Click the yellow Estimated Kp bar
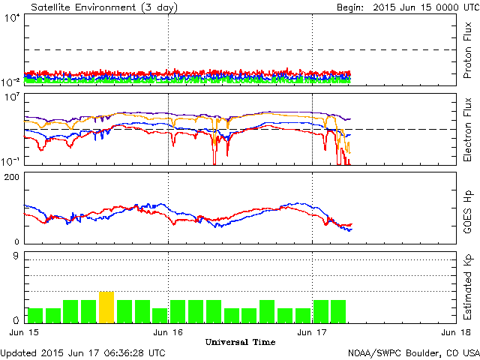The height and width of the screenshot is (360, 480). click(106, 307)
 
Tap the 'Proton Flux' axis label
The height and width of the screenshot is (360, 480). click(466, 51)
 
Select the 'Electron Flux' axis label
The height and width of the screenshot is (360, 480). click(466, 129)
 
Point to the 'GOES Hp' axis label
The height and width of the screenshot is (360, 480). click(466, 208)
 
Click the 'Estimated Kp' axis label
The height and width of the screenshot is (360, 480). click(466, 286)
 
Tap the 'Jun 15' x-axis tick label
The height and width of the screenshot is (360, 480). click(24, 331)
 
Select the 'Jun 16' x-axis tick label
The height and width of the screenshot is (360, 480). click(168, 331)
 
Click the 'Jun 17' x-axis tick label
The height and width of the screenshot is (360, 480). click(312, 331)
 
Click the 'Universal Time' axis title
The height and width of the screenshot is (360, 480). click(240, 342)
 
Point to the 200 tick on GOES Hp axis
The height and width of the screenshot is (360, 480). click(11, 177)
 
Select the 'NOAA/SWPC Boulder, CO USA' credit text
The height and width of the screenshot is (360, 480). click(413, 352)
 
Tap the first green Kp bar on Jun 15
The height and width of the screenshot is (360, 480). click(35, 314)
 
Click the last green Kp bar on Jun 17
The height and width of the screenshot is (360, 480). click(338, 310)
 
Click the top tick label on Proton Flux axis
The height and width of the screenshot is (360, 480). click(13, 19)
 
